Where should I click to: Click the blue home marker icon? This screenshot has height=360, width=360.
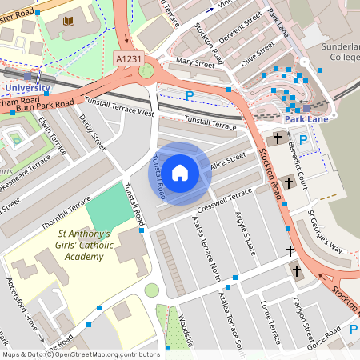coord(180,173)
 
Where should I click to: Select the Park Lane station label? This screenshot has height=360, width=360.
coord(307,119)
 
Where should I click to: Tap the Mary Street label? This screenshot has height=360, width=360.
coord(196,62)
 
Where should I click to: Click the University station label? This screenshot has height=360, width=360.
coord(27,87)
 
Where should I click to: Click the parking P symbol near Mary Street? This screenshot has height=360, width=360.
coord(190,95)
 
